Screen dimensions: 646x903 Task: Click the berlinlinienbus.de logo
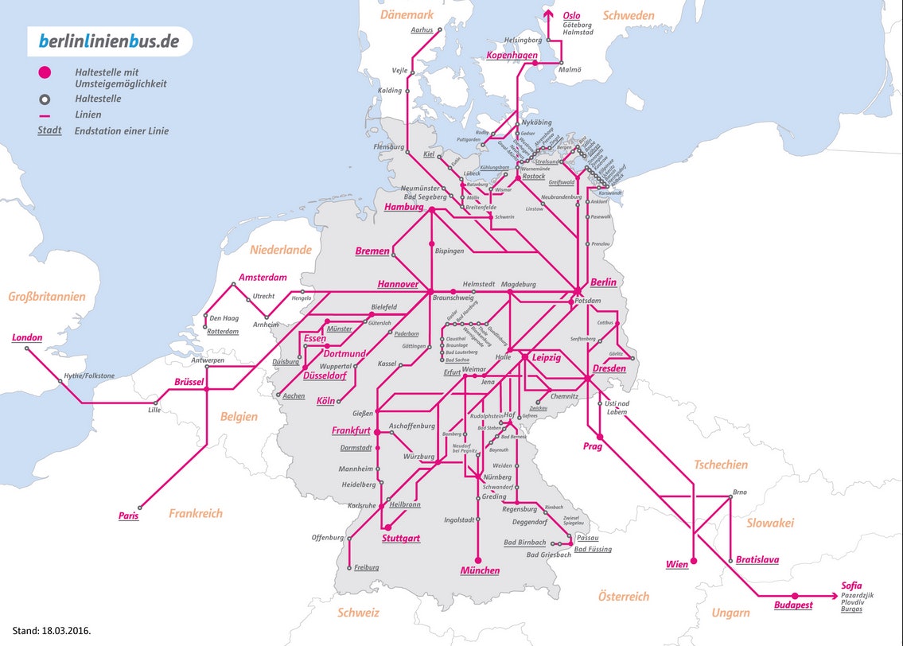tap(110, 41)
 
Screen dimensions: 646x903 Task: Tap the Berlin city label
tap(603, 282)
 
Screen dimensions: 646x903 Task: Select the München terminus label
tap(480, 570)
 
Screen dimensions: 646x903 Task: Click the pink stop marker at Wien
tap(693, 561)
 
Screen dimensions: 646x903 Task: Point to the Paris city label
tap(128, 516)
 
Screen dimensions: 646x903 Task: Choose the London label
tap(27, 337)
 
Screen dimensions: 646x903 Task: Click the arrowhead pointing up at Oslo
tap(547, 14)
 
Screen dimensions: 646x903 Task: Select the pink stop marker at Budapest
tap(795, 595)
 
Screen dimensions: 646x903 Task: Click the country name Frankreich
tap(196, 513)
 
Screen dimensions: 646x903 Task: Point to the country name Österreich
tap(624, 596)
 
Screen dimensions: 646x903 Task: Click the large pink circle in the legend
tap(45, 73)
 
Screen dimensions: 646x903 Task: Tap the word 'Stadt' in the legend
tap(49, 130)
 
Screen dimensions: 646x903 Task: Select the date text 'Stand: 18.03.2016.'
tap(52, 630)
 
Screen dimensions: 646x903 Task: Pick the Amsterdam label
tap(262, 278)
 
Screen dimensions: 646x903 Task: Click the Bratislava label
tap(757, 559)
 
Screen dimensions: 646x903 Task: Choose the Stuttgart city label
tap(400, 539)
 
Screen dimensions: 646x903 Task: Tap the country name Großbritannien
tap(47, 297)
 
